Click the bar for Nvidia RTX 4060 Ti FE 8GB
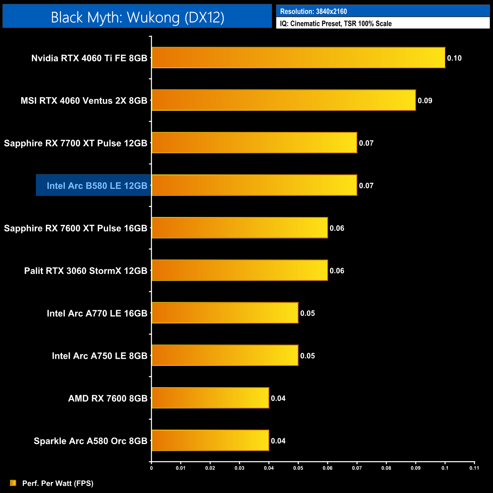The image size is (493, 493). [x=298, y=58]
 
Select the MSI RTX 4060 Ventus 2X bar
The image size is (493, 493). [x=284, y=100]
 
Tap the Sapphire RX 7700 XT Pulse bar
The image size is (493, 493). [x=254, y=143]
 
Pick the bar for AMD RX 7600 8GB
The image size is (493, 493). [x=210, y=398]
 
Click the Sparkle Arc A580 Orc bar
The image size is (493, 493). [x=210, y=440]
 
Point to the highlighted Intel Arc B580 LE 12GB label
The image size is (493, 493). [x=97, y=185]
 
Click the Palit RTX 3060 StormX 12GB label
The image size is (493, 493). [x=86, y=271]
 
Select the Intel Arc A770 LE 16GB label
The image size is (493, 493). [x=97, y=313]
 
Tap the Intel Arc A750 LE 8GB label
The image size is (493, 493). [x=99, y=356]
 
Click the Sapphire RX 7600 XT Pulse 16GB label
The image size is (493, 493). [x=75, y=228]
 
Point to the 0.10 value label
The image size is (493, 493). [x=454, y=58]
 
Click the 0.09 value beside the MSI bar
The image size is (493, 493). [x=425, y=100]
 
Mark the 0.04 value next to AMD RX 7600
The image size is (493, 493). [x=278, y=398]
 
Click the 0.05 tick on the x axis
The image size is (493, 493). [x=298, y=468]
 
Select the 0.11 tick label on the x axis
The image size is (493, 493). [x=474, y=468]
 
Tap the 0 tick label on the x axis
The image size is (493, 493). [x=151, y=468]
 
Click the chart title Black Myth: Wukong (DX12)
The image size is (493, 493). [x=137, y=17]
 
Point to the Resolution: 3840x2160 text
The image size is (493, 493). [x=313, y=11]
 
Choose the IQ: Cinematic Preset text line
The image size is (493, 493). [x=336, y=24]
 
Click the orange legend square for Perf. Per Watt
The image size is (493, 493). [x=13, y=483]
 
